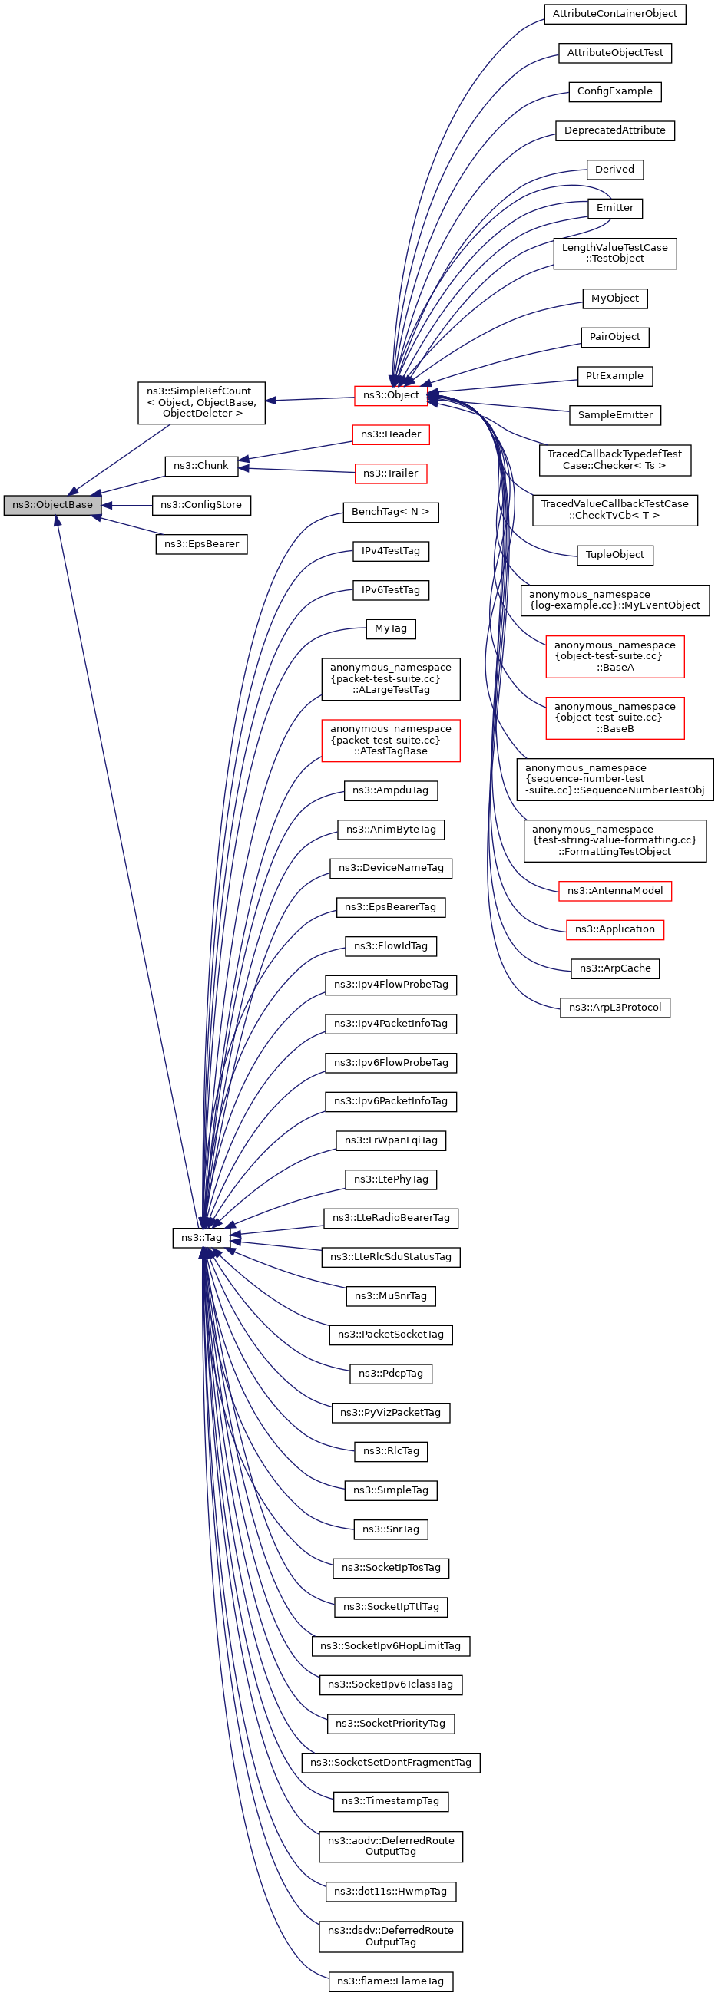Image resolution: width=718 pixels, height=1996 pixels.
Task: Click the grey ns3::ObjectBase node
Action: (x=52, y=505)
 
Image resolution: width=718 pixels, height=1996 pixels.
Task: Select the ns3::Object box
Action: (x=391, y=395)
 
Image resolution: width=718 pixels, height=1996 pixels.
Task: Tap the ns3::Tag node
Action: (x=201, y=1237)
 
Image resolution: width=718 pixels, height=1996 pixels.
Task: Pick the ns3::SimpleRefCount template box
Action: (x=201, y=403)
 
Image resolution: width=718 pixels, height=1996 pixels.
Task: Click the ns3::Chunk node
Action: (x=201, y=467)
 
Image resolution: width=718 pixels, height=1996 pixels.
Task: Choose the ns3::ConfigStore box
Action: (x=201, y=505)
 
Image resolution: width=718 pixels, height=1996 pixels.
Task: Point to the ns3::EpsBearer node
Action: (x=201, y=544)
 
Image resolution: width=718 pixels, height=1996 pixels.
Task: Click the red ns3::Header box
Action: (x=391, y=434)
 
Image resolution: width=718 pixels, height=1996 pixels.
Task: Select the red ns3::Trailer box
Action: (x=391, y=473)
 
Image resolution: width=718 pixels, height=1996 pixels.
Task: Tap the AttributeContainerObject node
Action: (x=614, y=14)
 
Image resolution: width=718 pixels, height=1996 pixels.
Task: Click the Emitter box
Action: (x=614, y=209)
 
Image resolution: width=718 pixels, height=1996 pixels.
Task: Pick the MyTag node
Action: (x=391, y=628)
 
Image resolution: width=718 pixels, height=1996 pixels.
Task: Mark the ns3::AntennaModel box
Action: (x=614, y=891)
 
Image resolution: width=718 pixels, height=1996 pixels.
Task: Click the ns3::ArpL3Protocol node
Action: (x=614, y=1008)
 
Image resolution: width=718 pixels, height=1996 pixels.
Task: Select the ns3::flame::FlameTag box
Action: (x=391, y=1981)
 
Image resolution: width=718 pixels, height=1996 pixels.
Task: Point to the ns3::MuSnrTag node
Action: (x=391, y=1295)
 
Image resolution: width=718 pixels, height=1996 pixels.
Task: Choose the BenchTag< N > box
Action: (x=391, y=512)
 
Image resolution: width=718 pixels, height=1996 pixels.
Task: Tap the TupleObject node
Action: (x=614, y=555)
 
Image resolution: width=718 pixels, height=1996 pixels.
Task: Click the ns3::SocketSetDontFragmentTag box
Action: (x=391, y=1763)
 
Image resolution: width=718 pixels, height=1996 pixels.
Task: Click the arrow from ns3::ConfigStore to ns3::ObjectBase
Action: (x=128, y=505)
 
